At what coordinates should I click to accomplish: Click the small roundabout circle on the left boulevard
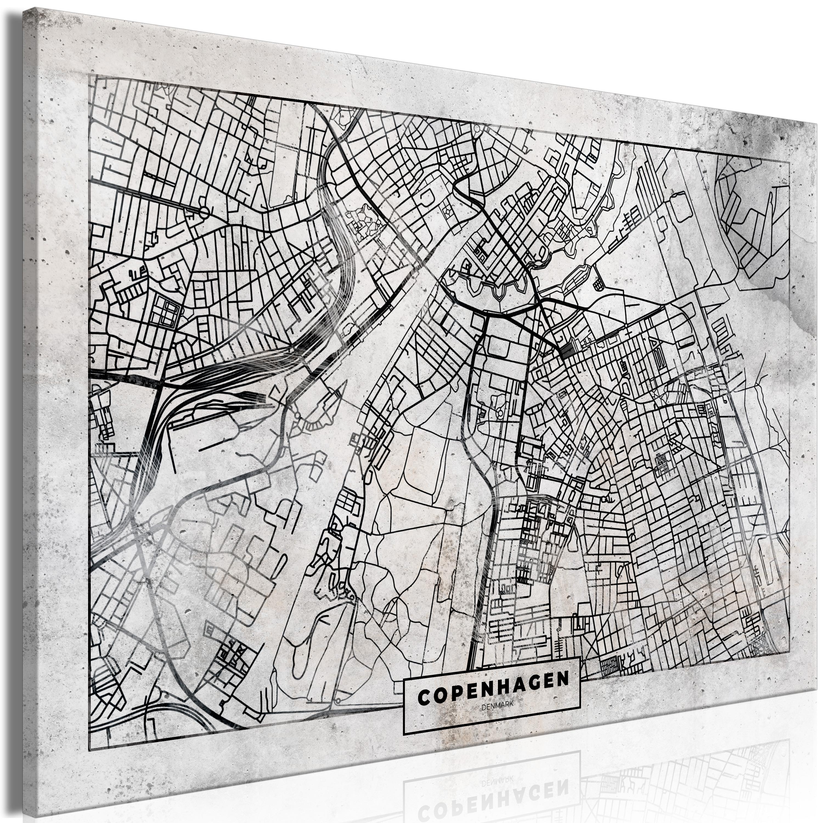(x=204, y=212)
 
